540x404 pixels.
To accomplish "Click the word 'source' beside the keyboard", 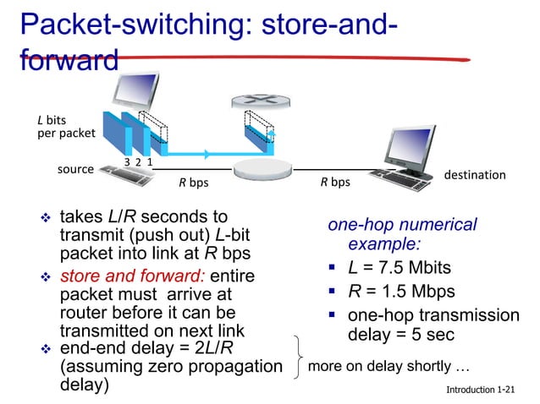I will click(x=74, y=169).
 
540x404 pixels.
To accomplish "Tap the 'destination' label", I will click(x=475, y=175).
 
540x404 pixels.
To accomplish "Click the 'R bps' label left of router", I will click(x=193, y=182).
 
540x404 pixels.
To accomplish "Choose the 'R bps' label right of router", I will click(x=334, y=182).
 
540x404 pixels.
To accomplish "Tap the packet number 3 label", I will click(x=127, y=162).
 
